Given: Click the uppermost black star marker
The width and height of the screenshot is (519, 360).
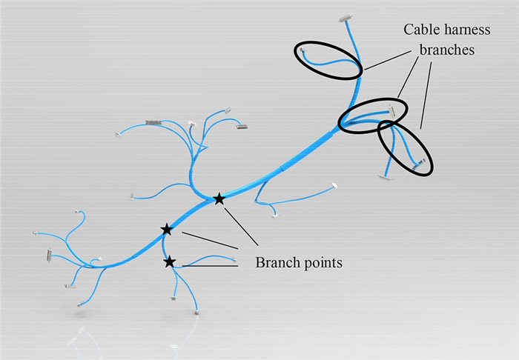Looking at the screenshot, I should point(219,199).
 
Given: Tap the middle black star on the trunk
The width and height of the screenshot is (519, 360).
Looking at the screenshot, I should point(167,230).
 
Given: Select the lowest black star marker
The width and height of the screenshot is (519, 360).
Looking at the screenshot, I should point(170,261).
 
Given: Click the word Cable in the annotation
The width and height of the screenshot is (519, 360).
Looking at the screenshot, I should point(420,30).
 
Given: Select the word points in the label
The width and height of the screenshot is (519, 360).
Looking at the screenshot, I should point(321,262).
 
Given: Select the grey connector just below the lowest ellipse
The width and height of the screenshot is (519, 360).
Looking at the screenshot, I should point(386,177).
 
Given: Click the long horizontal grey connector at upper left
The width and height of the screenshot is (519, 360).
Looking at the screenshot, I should point(153,121).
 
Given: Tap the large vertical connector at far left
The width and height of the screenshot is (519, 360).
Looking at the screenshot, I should point(50,256).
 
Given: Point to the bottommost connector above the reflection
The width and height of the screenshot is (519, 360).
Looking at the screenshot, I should point(197,313).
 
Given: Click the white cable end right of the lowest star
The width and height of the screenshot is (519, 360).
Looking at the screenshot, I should point(234,259).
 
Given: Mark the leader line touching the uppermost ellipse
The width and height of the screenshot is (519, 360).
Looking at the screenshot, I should point(386,62).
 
